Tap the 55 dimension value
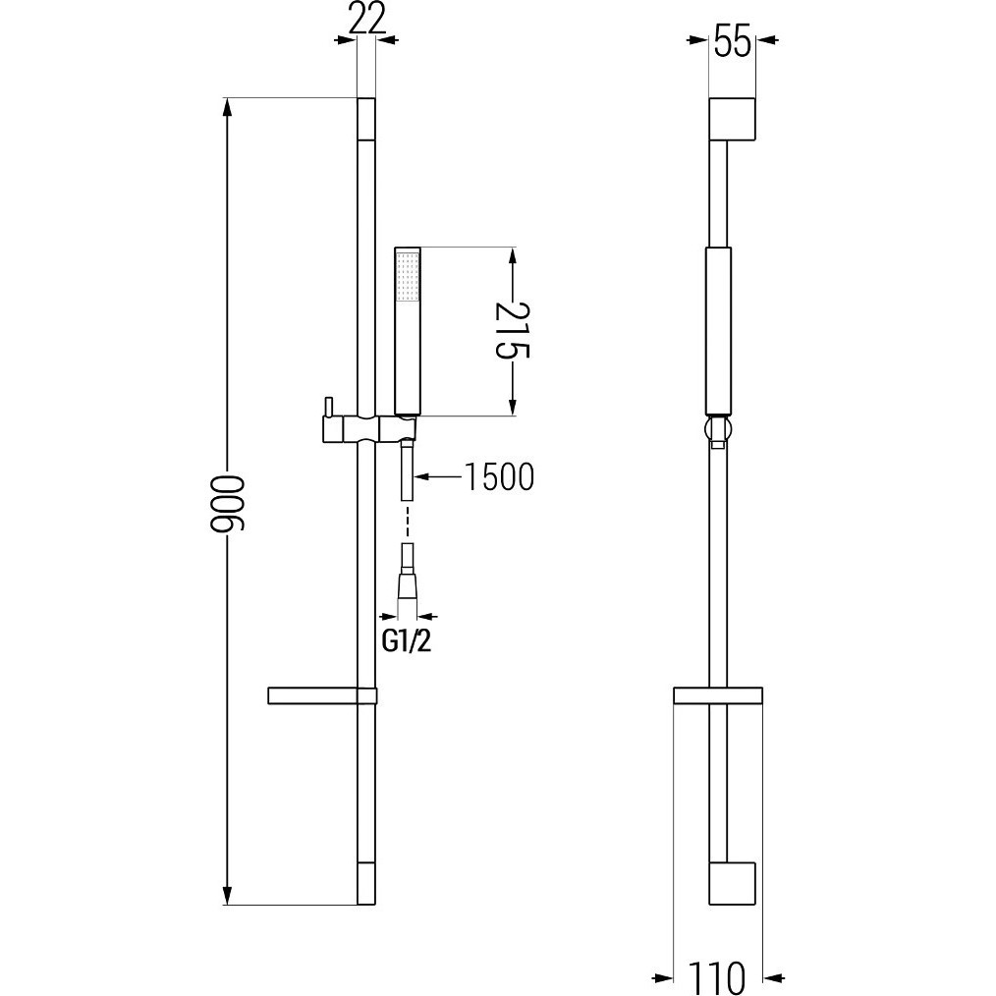pyautogui.click(x=733, y=42)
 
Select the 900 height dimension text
pyautogui.click(x=228, y=502)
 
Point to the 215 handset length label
pyautogui.click(x=513, y=331)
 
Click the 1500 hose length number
pyautogui.click(x=499, y=477)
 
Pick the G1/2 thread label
pyautogui.click(x=407, y=641)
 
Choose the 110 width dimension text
pyautogui.click(x=718, y=978)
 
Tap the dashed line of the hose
pyautogui.click(x=408, y=524)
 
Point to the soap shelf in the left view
pyautogui.click(x=322, y=695)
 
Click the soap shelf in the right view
pyautogui.click(x=718, y=695)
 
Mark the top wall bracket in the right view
pyautogui.click(x=732, y=119)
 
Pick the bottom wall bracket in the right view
pyautogui.click(x=732, y=884)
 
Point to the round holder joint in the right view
pyautogui.click(x=718, y=430)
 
